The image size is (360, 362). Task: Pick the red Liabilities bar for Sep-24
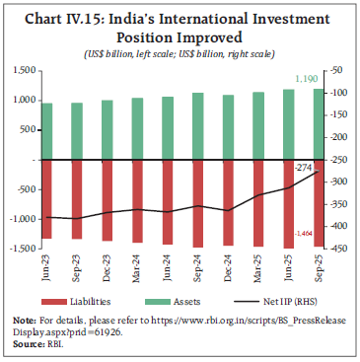[198, 203]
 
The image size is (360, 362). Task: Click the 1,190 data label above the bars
[308, 78]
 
